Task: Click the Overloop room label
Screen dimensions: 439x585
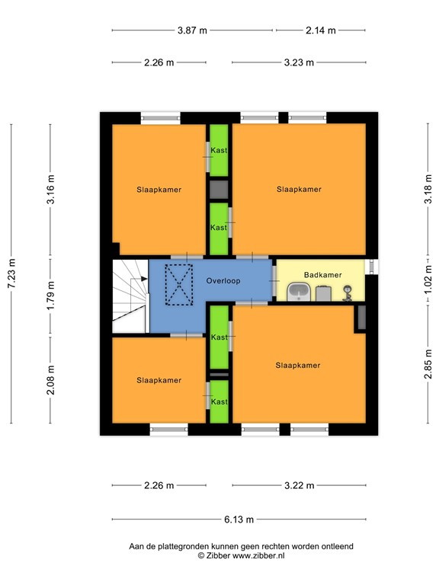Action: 223,280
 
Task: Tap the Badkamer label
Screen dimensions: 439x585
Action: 323,275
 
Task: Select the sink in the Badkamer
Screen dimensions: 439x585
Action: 299,292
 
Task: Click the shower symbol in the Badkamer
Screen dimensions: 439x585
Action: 348,292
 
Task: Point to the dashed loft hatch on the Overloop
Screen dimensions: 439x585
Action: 179,285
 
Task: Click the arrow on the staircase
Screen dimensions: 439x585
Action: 144,279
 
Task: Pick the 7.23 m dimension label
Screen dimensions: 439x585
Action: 11,273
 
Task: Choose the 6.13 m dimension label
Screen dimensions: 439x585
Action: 239,519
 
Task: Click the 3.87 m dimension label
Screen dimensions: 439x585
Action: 192,30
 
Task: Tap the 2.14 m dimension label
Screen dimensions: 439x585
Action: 321,30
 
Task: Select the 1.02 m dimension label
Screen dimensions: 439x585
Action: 428,279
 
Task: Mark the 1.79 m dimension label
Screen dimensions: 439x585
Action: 51,295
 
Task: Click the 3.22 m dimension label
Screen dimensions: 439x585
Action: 300,485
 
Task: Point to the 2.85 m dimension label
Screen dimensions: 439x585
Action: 428,364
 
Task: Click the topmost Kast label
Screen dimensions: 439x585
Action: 219,150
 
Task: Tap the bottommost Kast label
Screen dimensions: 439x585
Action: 219,401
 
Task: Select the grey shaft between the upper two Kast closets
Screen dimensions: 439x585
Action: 219,189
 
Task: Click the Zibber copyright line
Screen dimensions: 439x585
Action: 241,555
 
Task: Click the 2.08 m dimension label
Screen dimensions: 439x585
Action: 51,380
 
